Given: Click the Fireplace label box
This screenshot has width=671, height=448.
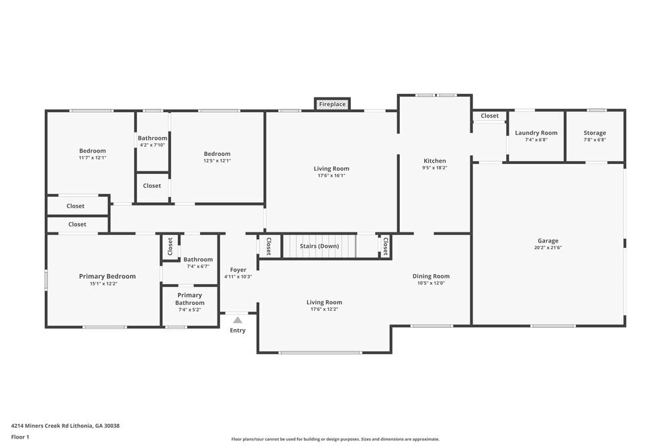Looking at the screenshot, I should (332, 104).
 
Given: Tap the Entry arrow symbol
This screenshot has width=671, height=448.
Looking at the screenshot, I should (238, 320).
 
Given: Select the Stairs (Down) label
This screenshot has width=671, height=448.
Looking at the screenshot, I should (319, 246).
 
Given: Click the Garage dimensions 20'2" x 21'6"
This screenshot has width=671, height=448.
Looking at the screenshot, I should (548, 248).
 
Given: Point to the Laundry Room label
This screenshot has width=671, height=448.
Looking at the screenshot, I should (536, 133).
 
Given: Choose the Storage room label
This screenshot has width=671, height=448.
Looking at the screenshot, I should (595, 133).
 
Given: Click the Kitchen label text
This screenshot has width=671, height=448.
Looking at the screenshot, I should (435, 161).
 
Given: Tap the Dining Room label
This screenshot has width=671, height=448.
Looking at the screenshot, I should (431, 276).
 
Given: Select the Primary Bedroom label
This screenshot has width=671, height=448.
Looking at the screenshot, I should (107, 276).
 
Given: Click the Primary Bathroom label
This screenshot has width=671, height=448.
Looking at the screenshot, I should (190, 299).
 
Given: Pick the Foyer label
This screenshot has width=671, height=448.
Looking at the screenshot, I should (238, 269).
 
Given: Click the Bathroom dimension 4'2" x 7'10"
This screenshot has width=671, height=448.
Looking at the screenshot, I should (152, 145).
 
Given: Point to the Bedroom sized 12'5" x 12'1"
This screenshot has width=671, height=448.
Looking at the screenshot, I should (217, 161).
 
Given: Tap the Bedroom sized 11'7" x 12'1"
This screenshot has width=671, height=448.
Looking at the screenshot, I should (93, 158).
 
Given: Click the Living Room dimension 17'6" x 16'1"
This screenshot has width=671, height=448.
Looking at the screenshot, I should (331, 176).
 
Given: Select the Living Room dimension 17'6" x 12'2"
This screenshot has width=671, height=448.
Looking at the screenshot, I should (324, 310).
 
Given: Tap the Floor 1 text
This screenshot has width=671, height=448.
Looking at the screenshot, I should (20, 437).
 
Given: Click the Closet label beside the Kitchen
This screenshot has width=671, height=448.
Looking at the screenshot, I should (490, 116).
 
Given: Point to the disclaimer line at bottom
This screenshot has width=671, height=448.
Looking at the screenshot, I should (335, 439).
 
